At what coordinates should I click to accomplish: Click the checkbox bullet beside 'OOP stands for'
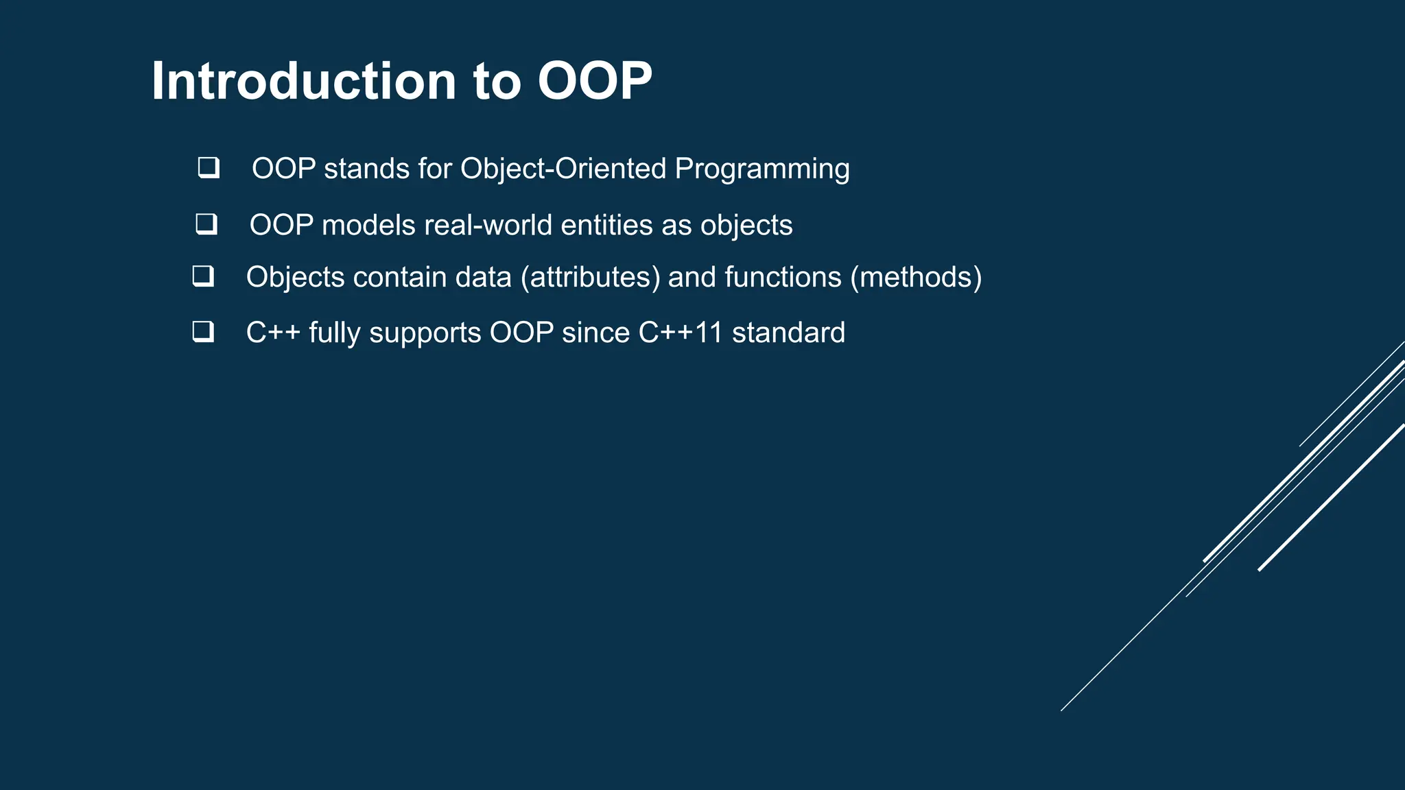click(x=209, y=168)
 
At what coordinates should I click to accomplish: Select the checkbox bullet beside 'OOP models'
click(x=206, y=224)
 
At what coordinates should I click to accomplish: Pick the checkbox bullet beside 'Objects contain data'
click(x=203, y=276)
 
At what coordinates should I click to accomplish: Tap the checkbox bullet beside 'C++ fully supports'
click(x=203, y=332)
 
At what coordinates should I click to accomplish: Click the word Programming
click(x=761, y=169)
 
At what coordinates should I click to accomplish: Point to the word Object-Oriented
click(x=563, y=169)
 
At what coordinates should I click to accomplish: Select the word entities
click(x=606, y=225)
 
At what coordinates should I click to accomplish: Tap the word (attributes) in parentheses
click(x=590, y=277)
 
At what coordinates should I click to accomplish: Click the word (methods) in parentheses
click(x=916, y=277)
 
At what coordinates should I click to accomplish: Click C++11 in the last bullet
click(x=681, y=333)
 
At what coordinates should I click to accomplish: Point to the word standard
click(x=788, y=333)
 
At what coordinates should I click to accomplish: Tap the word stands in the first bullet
click(x=366, y=169)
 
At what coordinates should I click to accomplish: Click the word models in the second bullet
click(x=368, y=225)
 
